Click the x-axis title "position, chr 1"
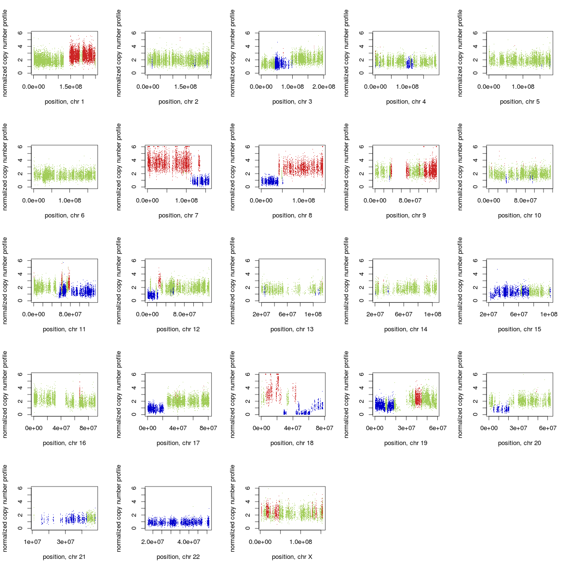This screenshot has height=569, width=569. click(64, 102)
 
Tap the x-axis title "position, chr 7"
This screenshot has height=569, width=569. click(178, 216)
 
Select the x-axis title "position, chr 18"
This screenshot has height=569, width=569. click(292, 443)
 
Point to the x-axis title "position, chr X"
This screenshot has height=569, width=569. click(292, 557)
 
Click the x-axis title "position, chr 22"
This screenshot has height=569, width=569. click(178, 557)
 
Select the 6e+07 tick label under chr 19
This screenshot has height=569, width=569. click(437, 428)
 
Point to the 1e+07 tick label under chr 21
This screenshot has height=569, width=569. click(32, 542)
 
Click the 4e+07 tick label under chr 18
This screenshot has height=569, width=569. click(293, 428)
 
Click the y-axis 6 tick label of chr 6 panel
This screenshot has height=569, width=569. click(20, 147)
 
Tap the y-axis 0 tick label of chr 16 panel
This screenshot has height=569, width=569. click(20, 415)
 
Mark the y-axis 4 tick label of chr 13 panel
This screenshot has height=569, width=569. click(247, 274)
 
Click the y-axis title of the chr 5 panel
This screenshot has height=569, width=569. click(460, 53)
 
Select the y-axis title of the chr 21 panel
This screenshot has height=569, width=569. click(5, 508)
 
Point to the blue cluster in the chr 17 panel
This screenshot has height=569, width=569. click(155, 408)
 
